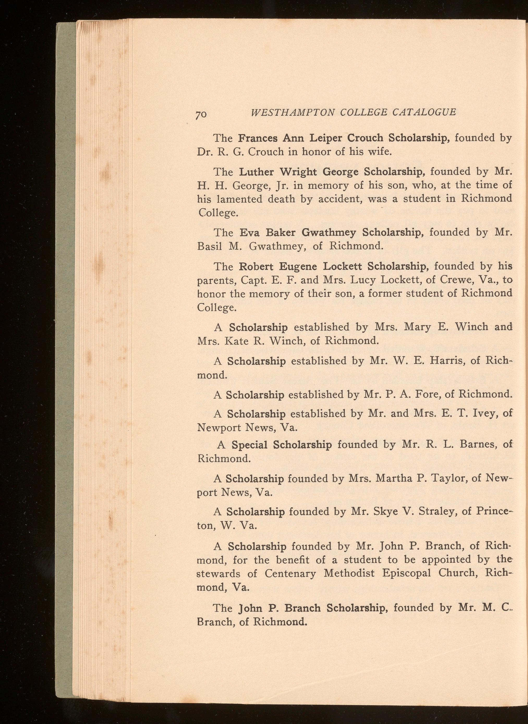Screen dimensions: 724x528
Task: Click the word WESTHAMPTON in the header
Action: click(x=293, y=112)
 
